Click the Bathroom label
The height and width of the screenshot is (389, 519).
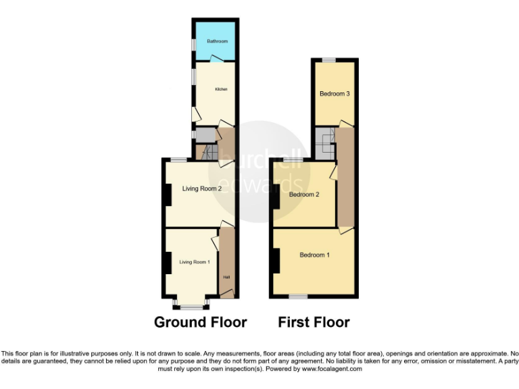click(x=217, y=41)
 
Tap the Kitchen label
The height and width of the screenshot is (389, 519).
click(x=220, y=89)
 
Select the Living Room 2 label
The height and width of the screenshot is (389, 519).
click(x=201, y=188)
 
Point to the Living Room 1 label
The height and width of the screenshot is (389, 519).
click(x=195, y=261)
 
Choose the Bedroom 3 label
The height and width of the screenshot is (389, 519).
click(x=334, y=94)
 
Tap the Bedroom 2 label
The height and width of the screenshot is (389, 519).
click(x=303, y=194)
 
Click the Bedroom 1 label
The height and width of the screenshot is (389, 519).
click(x=314, y=255)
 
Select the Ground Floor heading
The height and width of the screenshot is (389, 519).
click(x=200, y=322)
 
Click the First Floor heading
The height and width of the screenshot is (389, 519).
click(x=314, y=322)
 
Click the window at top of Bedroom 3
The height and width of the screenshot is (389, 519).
click(x=328, y=60)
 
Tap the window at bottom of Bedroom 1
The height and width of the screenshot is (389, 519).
click(x=298, y=296)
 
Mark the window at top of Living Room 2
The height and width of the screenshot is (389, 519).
click(x=178, y=159)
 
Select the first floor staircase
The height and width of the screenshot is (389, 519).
click(x=327, y=140)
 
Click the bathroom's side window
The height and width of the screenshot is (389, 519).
click(x=193, y=44)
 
